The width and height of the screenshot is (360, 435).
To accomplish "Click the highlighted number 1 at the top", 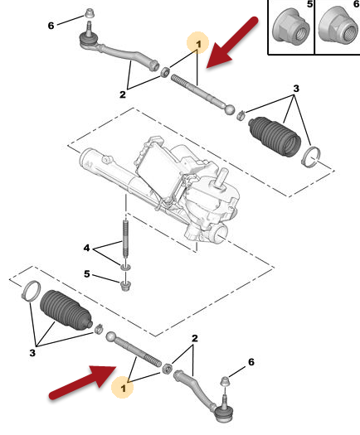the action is (x=198, y=44).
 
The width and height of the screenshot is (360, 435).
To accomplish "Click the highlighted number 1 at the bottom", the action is (x=124, y=388).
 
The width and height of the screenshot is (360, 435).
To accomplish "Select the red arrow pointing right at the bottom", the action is (x=83, y=382).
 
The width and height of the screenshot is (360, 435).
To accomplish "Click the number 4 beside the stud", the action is (x=86, y=248).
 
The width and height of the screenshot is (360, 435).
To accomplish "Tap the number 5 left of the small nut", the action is (x=87, y=273).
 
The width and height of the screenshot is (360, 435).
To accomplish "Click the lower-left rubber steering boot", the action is (x=66, y=309).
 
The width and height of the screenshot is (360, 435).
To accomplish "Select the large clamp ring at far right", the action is (x=311, y=157).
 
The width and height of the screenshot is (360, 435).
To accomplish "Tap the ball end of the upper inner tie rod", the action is (x=230, y=109).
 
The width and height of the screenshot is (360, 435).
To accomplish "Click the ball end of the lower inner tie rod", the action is (x=111, y=337).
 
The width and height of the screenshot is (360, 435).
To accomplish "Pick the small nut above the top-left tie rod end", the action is (x=89, y=13).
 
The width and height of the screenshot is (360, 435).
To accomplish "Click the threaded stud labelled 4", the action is (x=125, y=239).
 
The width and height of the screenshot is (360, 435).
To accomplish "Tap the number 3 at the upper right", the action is (x=296, y=89).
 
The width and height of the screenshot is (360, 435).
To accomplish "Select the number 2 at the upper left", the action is (x=123, y=94).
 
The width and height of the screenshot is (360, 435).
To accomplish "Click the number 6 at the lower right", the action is (x=251, y=362).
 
